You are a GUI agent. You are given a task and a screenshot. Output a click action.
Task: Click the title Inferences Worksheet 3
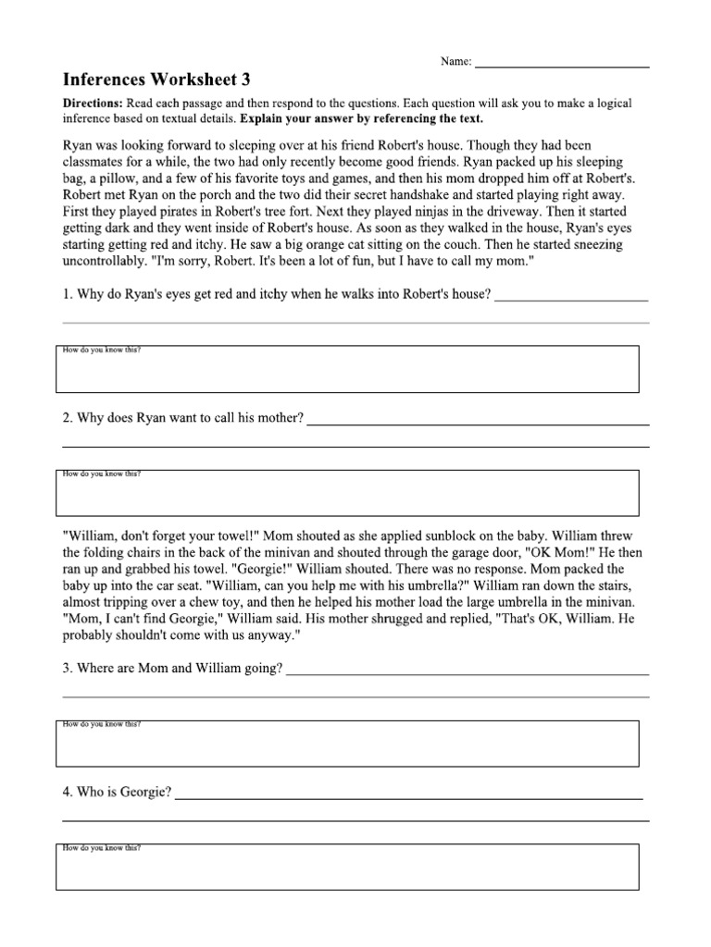156,79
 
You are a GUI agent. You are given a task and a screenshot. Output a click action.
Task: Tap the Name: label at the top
455,62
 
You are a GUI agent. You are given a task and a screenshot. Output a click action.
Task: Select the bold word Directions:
94,104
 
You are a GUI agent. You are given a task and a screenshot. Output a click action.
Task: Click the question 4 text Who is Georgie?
117,793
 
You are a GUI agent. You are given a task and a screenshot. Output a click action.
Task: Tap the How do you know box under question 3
347,744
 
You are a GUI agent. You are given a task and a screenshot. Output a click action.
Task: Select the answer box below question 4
347,867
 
